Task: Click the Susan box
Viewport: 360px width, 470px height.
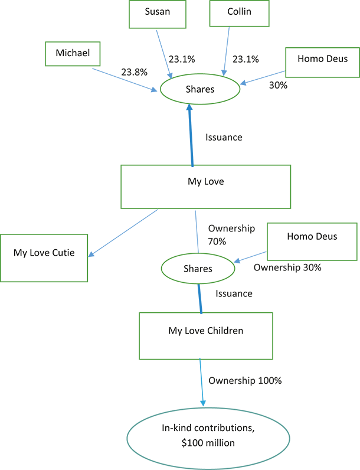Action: [x=158, y=14]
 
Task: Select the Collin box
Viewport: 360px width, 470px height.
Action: [x=239, y=13]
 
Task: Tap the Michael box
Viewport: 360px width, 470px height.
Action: [x=73, y=54]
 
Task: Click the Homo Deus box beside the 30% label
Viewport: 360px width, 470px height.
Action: [x=323, y=63]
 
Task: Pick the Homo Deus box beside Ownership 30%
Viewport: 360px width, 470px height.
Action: [x=312, y=241]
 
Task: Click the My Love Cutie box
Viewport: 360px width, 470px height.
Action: [x=44, y=258]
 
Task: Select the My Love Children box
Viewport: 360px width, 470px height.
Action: [x=206, y=336]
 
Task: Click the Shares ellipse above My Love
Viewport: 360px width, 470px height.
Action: [x=200, y=89]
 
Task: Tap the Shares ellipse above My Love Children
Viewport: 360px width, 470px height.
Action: [x=198, y=269]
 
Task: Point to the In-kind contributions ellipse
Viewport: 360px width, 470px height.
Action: [x=208, y=438]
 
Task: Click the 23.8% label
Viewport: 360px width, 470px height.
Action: [x=134, y=72]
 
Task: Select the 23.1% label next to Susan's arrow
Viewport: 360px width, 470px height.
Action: [x=182, y=60]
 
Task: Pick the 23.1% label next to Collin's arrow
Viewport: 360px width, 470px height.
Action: [x=246, y=60]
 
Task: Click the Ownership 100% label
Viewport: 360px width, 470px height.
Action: [x=245, y=381]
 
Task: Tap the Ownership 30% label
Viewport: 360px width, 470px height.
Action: [x=287, y=267]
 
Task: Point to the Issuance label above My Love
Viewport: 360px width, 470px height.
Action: [x=224, y=138]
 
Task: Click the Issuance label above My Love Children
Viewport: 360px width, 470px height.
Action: [x=234, y=293]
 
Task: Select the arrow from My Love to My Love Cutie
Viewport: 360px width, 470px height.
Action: [x=123, y=233]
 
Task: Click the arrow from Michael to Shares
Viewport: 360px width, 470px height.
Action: [x=125, y=80]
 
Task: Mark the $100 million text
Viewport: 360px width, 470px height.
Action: [x=208, y=443]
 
